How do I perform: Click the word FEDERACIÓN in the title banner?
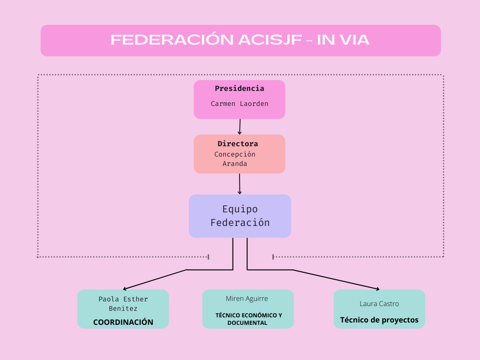(x=172, y=39)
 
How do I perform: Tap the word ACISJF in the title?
(x=270, y=40)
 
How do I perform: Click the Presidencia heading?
(x=240, y=89)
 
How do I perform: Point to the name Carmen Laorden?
(x=240, y=104)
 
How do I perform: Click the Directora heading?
(x=238, y=143)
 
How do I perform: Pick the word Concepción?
(x=235, y=154)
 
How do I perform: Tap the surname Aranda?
(x=235, y=164)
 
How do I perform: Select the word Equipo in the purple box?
(x=240, y=210)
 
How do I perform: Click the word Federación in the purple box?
(x=240, y=223)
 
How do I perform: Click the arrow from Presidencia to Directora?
(x=240, y=127)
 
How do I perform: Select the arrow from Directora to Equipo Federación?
(x=240, y=184)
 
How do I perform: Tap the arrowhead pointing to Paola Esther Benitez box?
(x=125, y=289)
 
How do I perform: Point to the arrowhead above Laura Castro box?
(x=378, y=289)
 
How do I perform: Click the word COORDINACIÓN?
(x=123, y=322)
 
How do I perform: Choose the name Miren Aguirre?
(x=247, y=299)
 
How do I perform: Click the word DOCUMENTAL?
(x=247, y=323)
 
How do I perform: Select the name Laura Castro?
(x=379, y=304)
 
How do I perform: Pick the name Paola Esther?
(x=123, y=299)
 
